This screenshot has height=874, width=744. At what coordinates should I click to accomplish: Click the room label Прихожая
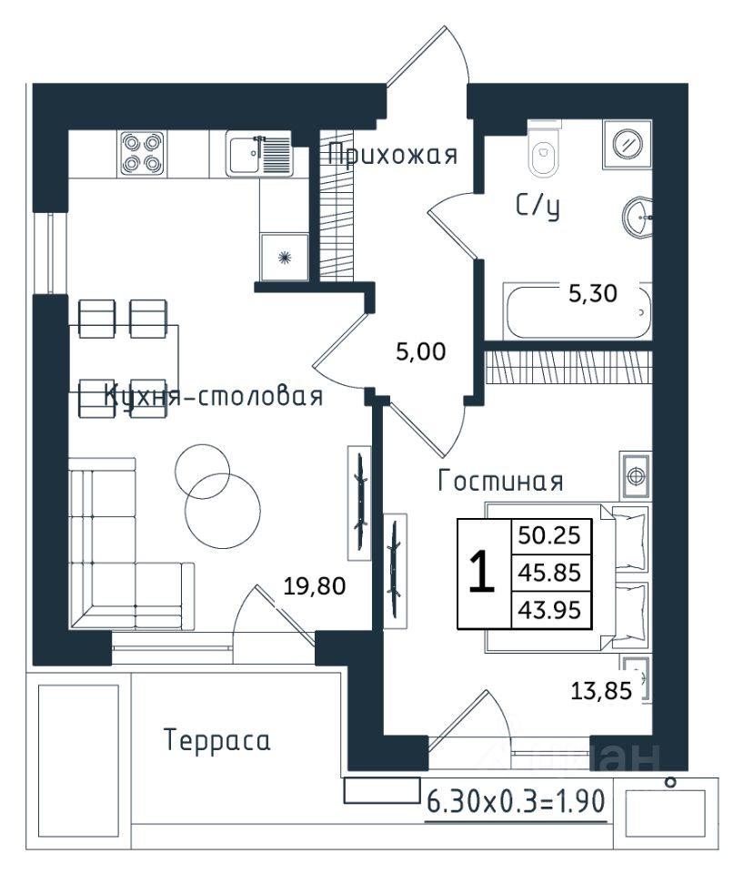[393, 155]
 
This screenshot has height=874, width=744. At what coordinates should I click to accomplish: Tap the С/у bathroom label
[538, 207]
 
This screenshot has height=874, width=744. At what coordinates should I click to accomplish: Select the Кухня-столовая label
[214, 396]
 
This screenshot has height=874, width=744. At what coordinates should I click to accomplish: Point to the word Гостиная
[500, 481]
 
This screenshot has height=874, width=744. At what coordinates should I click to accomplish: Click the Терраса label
[217, 741]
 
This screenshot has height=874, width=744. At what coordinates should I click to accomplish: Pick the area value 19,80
[315, 585]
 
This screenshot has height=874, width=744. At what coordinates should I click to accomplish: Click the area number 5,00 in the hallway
[421, 351]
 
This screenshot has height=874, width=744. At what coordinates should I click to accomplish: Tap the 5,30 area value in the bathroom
[592, 293]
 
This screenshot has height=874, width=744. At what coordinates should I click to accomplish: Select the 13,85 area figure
[601, 691]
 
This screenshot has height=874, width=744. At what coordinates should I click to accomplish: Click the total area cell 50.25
[549, 535]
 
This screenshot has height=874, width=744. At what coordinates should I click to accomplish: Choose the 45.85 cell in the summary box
[549, 573]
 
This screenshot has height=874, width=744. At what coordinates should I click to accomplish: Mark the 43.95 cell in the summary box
[549, 610]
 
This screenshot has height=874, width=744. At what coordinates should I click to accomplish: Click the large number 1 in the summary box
[482, 571]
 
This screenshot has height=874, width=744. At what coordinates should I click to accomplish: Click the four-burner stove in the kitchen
[142, 154]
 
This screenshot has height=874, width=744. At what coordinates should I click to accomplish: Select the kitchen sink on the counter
[259, 154]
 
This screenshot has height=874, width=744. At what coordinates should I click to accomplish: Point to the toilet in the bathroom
[544, 148]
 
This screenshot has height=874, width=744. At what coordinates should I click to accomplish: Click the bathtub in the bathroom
[578, 311]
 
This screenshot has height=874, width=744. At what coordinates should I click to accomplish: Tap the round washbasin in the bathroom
[637, 217]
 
